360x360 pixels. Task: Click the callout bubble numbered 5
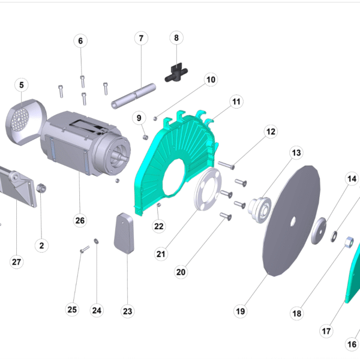[22, 85]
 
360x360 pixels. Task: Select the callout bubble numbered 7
[141, 38]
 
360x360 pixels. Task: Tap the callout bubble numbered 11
[236, 101]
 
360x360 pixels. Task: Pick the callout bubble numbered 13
[296, 152]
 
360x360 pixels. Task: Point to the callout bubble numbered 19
[241, 311]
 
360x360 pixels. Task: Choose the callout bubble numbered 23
[127, 311]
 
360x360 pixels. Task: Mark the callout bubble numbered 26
[80, 220]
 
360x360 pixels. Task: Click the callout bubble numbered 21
[161, 254]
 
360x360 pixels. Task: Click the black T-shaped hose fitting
[176, 73]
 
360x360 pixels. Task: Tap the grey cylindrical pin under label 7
[134, 96]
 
